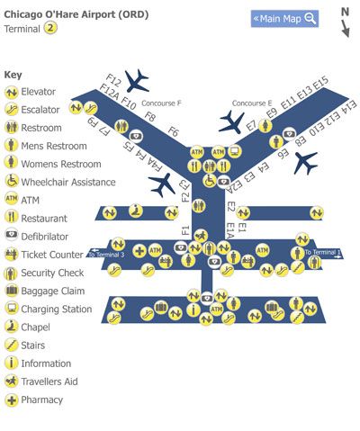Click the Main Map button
point(283,18)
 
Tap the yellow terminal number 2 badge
point(51,28)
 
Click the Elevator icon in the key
point(12,92)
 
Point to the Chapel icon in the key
point(12,328)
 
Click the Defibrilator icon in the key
point(12,237)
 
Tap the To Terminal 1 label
point(321,253)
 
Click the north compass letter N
point(345,12)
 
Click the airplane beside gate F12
point(138,82)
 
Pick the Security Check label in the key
point(52,273)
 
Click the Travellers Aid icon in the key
point(12,382)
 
